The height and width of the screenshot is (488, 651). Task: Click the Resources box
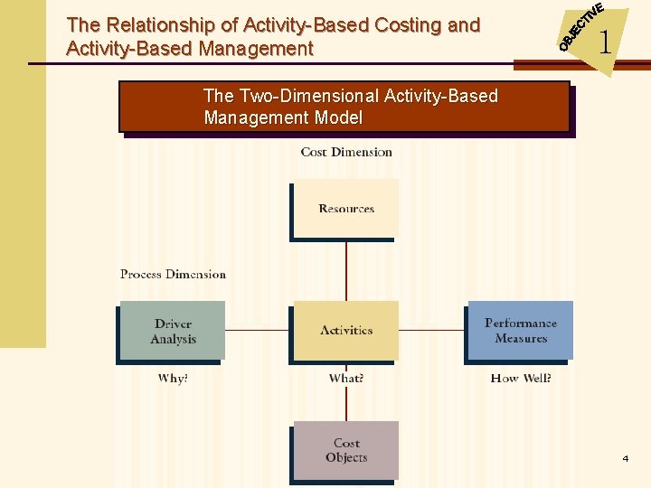coord(346,209)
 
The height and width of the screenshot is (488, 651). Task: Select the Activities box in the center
coord(346,330)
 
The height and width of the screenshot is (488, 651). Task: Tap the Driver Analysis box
coord(173,331)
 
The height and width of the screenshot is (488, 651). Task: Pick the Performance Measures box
coord(521,330)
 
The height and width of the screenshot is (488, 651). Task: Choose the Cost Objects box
coord(346,450)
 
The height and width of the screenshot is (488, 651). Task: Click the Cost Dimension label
coord(346,152)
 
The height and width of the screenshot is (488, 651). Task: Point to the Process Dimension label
coord(173,274)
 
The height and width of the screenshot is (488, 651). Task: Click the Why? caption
coord(173,378)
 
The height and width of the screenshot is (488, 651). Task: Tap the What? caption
coord(346,378)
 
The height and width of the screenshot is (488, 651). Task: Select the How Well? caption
coord(521,378)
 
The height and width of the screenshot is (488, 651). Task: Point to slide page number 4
coord(625,459)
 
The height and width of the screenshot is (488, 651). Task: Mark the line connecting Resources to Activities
coord(346,270)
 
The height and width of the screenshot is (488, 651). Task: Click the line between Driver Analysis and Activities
coord(257,330)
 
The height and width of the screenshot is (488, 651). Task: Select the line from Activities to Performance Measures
coord(432,330)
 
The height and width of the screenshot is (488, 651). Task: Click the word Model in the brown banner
coord(338,117)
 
